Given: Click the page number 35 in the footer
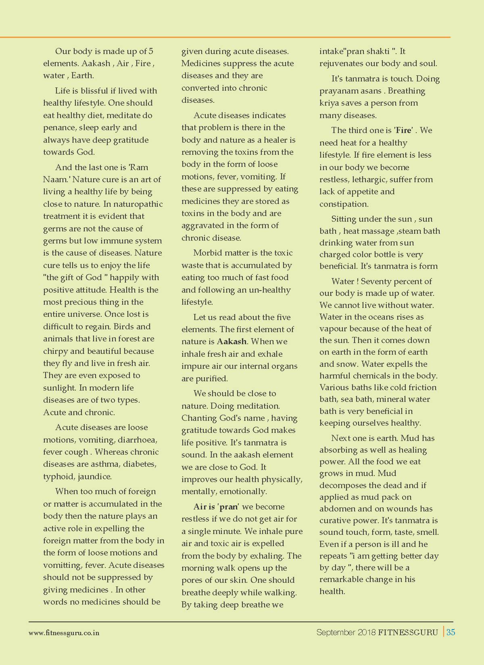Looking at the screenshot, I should [451, 632].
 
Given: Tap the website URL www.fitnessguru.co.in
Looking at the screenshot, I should [64, 633].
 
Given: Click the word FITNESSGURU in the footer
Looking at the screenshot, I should [408, 632].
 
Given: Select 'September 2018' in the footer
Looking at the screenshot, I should [346, 632].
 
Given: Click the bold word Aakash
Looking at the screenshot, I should [232, 341].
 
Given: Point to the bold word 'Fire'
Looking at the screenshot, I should [403, 130].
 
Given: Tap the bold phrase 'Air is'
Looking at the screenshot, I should [204, 507].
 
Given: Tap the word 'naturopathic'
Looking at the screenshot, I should [138, 204].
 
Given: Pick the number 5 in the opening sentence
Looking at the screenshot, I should [151, 51].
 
